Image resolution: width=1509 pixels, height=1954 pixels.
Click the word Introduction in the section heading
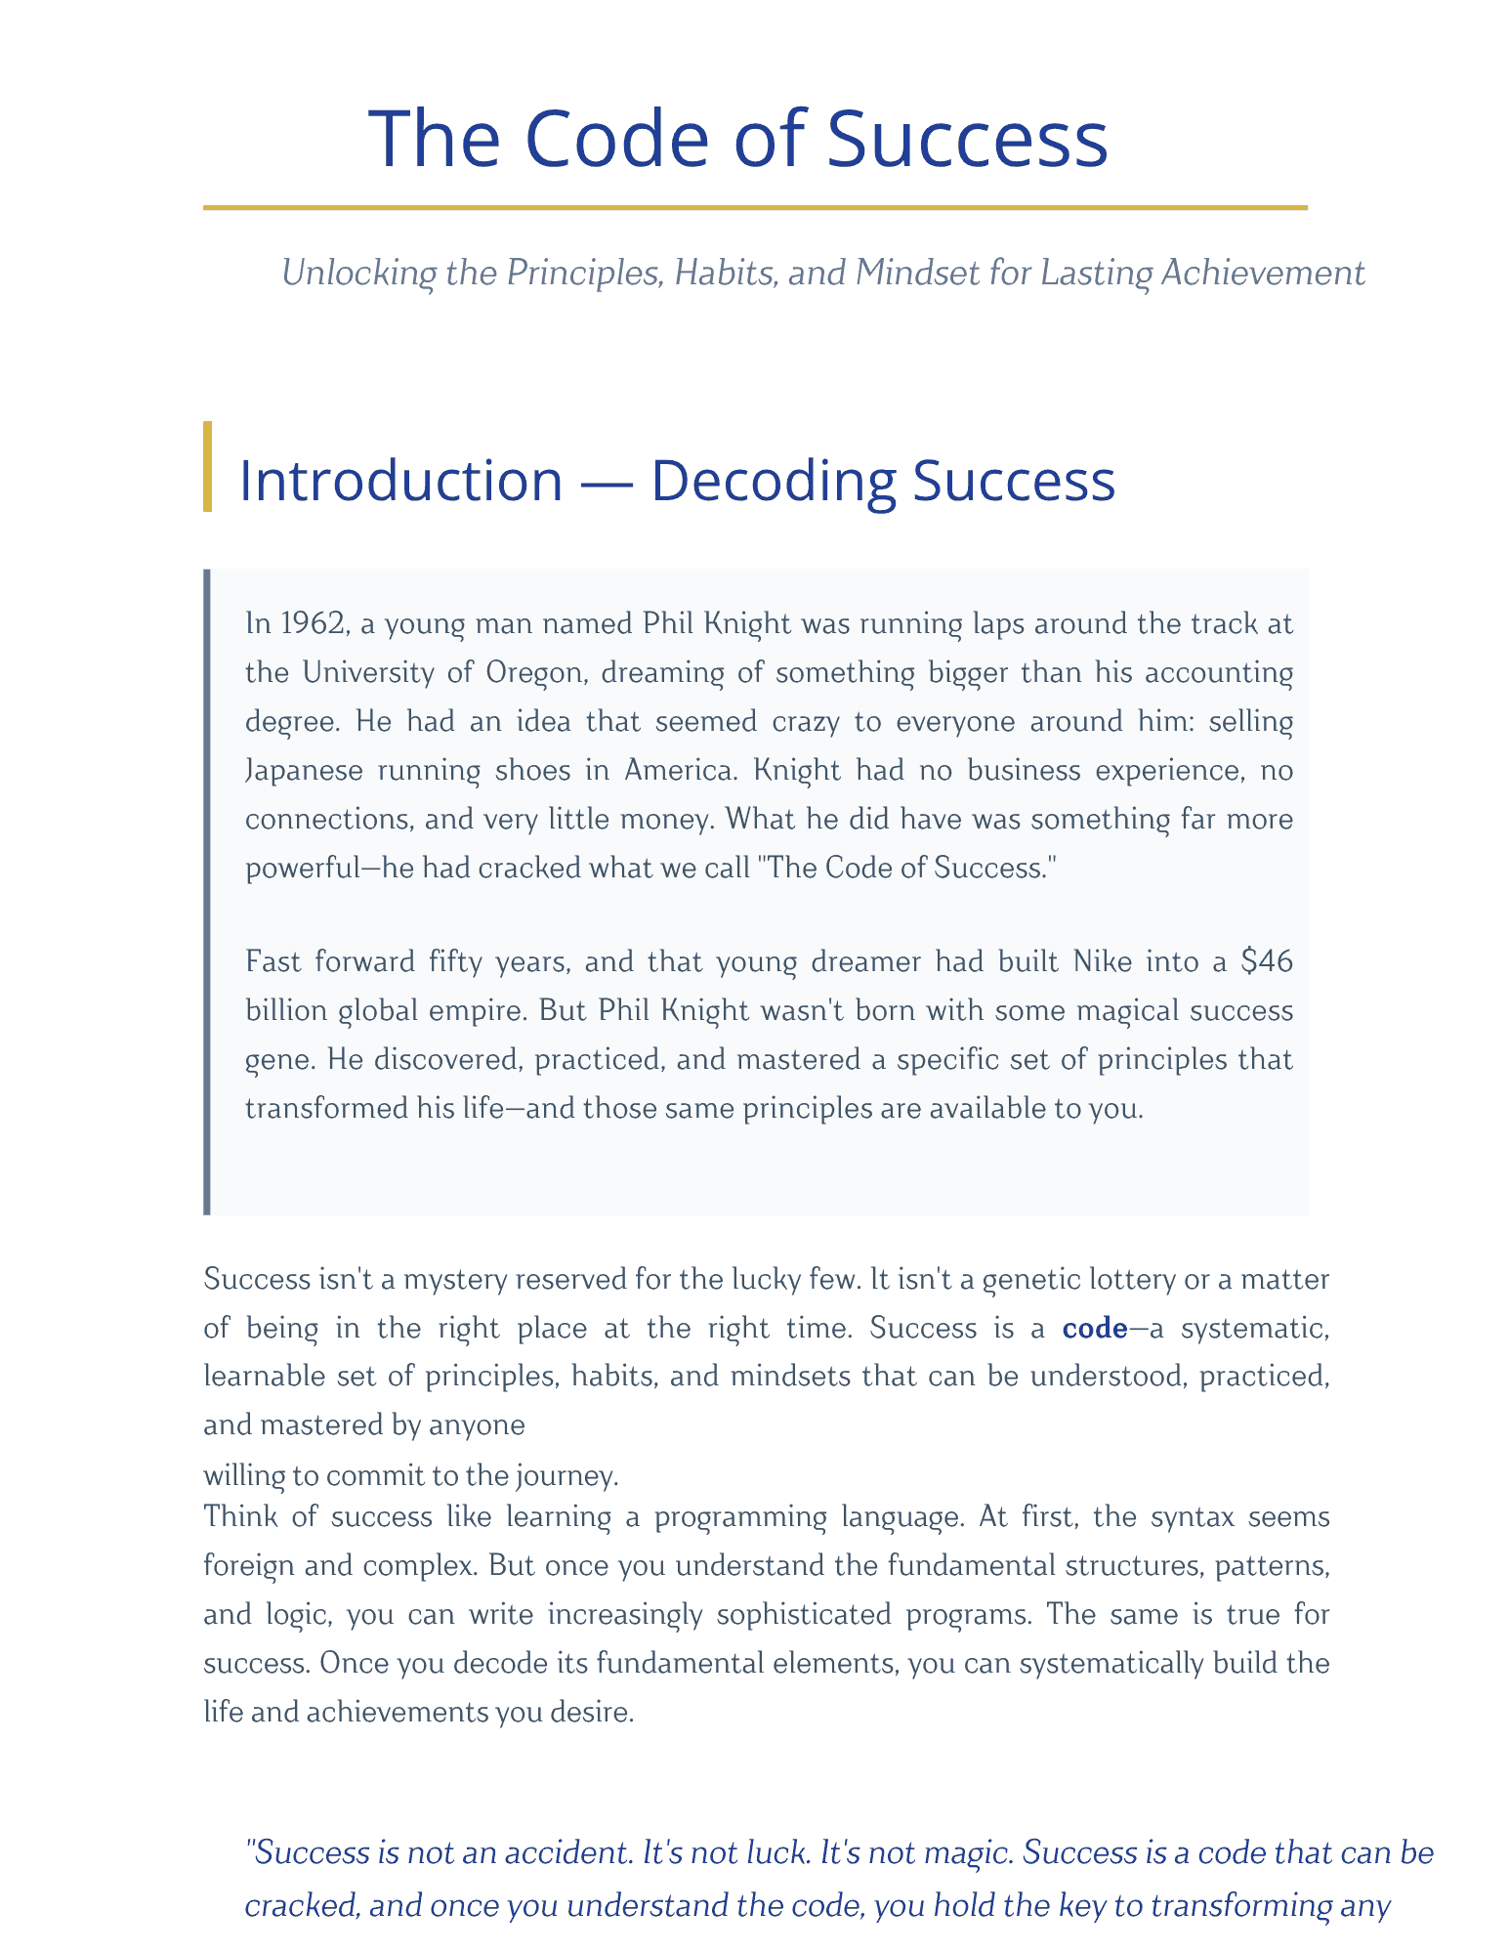tap(400, 481)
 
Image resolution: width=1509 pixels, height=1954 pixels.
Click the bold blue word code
tap(1094, 1329)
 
